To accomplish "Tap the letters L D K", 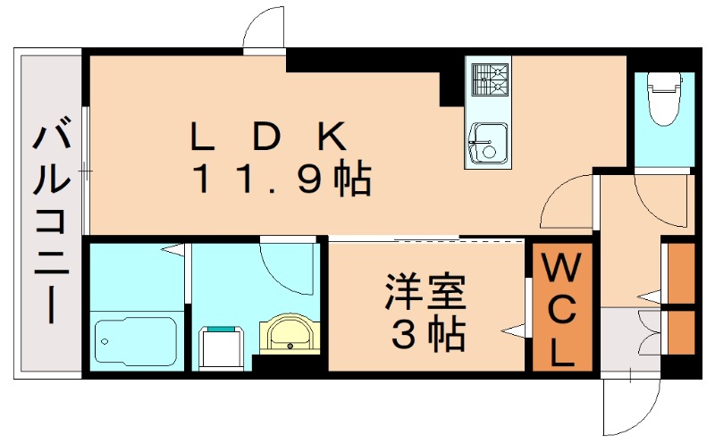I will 268,137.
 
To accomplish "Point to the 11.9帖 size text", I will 282,181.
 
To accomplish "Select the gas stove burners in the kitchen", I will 488,80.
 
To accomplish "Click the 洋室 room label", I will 425,294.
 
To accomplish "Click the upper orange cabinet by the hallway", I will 681,272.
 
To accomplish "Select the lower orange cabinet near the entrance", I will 681,330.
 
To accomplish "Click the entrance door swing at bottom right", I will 630,402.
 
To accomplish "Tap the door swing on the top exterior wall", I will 264,31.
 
